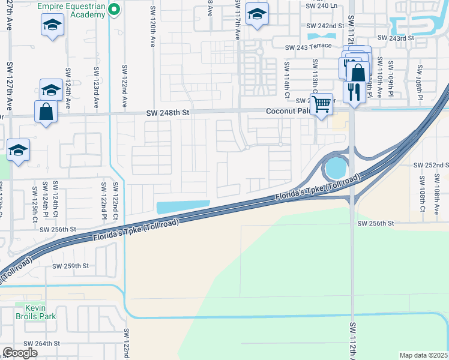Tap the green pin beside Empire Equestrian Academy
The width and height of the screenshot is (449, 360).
(x=114, y=8)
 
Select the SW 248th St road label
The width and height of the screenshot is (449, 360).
(x=169, y=113)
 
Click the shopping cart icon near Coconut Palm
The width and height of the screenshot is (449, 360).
(x=322, y=104)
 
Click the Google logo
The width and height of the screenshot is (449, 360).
(x=20, y=353)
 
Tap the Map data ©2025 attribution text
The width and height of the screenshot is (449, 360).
(x=423, y=355)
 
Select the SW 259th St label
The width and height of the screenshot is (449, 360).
(x=70, y=266)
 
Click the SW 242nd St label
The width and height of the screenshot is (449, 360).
(x=325, y=26)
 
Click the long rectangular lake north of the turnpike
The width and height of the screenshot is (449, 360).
(x=182, y=207)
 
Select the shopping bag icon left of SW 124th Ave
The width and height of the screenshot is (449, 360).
(x=46, y=112)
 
